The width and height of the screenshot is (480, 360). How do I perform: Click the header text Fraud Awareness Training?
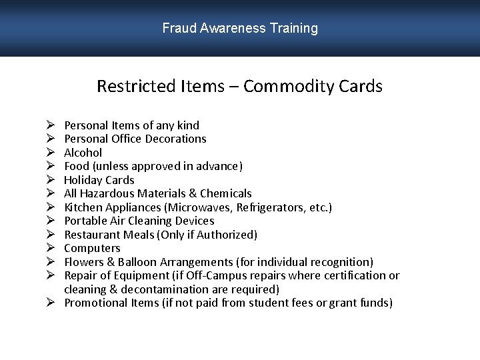click(x=240, y=28)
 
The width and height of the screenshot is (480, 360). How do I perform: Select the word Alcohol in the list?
click(x=83, y=153)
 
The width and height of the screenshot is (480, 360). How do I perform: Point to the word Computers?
click(x=92, y=248)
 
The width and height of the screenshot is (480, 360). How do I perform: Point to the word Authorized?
click(x=228, y=235)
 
